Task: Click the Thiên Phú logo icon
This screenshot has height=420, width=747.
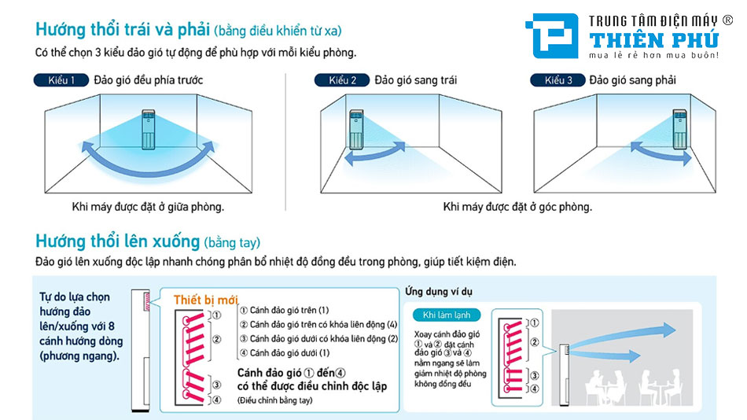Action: click(555, 36)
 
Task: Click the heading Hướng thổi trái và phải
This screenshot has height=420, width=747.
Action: click(121, 31)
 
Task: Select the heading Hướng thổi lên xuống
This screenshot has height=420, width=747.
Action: click(118, 240)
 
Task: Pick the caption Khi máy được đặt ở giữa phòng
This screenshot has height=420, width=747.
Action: click(148, 207)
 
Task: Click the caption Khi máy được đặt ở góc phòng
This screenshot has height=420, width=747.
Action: click(517, 207)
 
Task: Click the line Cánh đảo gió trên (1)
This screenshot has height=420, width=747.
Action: click(283, 311)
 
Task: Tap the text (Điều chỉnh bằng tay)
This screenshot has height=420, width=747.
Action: click(275, 400)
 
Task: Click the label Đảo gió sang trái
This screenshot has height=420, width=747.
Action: click(416, 80)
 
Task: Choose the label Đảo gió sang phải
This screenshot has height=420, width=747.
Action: click(633, 80)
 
